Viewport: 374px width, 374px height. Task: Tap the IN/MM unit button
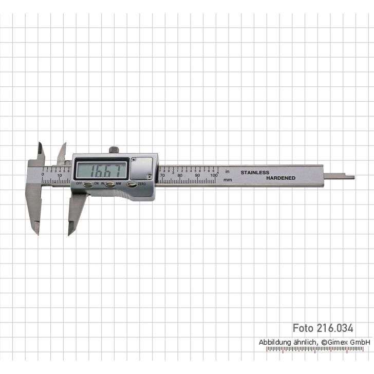(109, 184)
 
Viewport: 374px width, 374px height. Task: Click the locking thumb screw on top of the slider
(114, 150)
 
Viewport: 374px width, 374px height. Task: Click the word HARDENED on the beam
(280, 178)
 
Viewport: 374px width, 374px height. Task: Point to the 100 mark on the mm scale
(214, 176)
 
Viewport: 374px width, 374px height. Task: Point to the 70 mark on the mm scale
(162, 176)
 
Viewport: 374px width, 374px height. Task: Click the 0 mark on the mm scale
(43, 175)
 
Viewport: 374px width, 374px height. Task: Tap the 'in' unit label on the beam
(227, 171)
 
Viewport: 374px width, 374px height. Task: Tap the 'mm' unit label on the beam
(228, 180)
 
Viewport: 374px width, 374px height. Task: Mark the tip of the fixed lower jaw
(36, 233)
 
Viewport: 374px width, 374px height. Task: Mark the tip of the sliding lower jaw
(70, 233)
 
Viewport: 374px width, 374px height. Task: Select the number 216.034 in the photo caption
(336, 328)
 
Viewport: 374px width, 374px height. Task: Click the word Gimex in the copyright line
(340, 342)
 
